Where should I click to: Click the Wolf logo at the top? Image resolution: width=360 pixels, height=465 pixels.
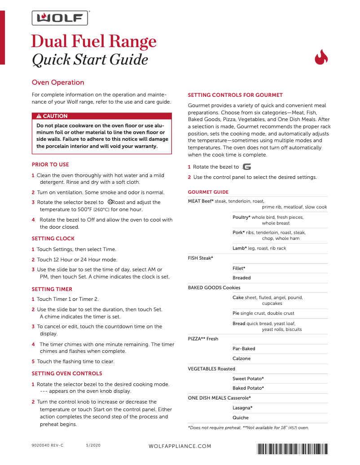pyautogui.click(x=59, y=18)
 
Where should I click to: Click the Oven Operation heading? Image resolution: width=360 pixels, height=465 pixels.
pyautogui.click(x=58, y=83)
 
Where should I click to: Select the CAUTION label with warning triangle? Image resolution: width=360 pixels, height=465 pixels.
pyautogui.click(x=52, y=116)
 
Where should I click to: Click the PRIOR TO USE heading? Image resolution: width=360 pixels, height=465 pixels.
pyautogui.click(x=50, y=165)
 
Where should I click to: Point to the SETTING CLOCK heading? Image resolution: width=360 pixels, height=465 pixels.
pyautogui.click(x=53, y=239)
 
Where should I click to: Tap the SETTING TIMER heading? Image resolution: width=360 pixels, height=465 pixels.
pyautogui.click(x=52, y=289)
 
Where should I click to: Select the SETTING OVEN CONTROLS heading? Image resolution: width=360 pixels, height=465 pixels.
pyautogui.click(x=67, y=374)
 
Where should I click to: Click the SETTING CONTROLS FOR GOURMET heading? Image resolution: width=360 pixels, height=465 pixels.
pyautogui.click(x=235, y=95)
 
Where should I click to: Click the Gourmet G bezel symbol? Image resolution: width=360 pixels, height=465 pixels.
pyautogui.click(x=246, y=167)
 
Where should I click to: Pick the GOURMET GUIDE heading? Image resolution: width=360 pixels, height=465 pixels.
pyautogui.click(x=208, y=192)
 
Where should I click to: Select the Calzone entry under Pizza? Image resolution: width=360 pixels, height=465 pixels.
pyautogui.click(x=241, y=359)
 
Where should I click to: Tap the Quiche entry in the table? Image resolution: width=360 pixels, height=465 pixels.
pyautogui.click(x=241, y=418)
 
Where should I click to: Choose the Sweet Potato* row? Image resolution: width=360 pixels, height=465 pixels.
pyautogui.click(x=248, y=379)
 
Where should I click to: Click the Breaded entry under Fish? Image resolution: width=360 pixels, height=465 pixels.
pyautogui.click(x=241, y=278)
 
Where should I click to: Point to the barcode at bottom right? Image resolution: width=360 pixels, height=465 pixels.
pyautogui.click(x=292, y=448)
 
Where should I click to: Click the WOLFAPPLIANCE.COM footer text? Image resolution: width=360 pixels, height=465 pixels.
pyautogui.click(x=180, y=447)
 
